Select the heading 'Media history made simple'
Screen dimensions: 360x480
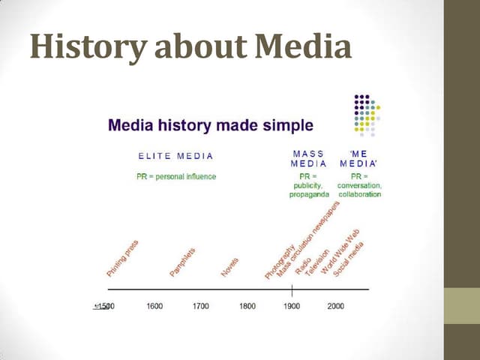(x=211, y=124)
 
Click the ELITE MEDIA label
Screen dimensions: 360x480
(x=176, y=156)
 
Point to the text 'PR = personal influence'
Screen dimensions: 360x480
(x=176, y=177)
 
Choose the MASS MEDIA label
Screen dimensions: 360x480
(x=308, y=158)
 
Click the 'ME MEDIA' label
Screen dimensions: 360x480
(x=359, y=158)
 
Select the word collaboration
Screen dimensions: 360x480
(x=360, y=195)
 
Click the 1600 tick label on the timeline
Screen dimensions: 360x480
(x=154, y=306)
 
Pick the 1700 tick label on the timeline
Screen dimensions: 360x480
(x=200, y=306)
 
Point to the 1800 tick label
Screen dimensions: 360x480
(x=247, y=306)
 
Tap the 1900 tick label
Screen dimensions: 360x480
(x=291, y=306)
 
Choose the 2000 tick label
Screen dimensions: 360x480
(x=335, y=306)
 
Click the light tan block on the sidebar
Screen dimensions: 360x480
(x=462, y=306)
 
